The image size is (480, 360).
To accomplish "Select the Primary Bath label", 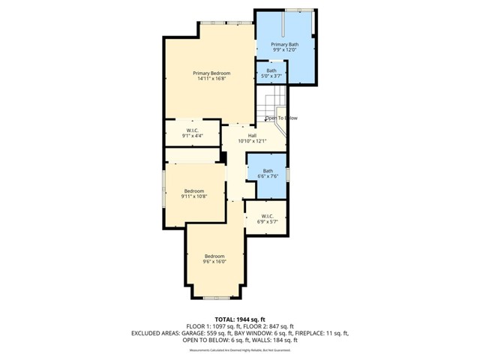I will point(285,45).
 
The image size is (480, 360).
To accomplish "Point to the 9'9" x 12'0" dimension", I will point(285,51).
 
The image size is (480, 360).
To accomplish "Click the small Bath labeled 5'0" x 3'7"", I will point(271,73).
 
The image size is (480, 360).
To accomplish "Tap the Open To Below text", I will point(281,118).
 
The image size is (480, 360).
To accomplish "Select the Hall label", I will point(252,136).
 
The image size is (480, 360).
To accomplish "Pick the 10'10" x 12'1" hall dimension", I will point(252,142).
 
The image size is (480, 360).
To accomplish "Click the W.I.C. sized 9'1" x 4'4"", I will point(191,133).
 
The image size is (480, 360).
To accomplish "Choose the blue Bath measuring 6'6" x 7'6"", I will point(268,173).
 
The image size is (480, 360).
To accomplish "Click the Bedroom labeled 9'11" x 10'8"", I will point(194,193).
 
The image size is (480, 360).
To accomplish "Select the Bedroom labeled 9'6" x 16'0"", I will point(214,259).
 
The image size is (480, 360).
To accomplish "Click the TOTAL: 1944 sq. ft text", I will point(240,319).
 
